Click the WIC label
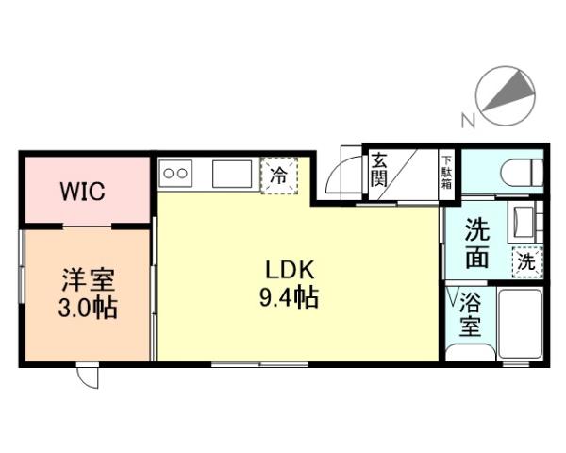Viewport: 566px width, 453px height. point(84,192)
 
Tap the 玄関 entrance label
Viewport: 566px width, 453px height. point(378,169)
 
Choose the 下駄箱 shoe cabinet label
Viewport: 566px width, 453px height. point(446,171)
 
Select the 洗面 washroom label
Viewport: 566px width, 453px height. point(476,243)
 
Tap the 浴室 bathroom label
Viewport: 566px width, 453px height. point(470,316)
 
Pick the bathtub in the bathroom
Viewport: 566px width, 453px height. point(518,324)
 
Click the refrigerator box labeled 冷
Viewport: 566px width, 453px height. point(279,175)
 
